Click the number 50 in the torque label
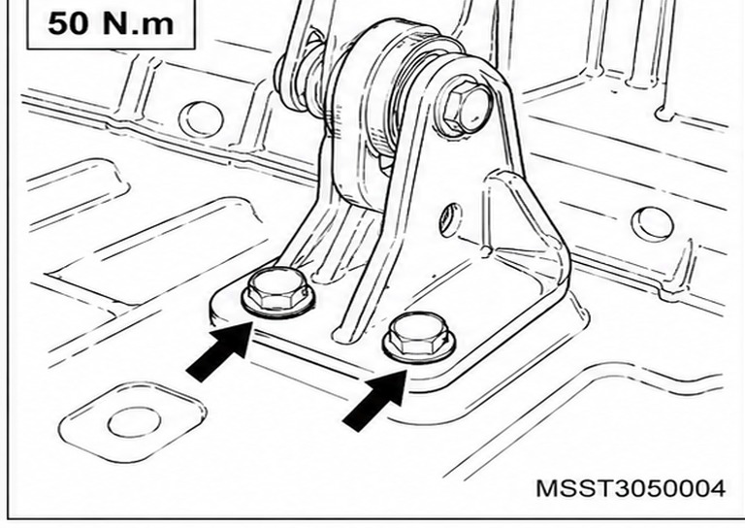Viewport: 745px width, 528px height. tap(70, 23)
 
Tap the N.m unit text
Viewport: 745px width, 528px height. tap(139, 23)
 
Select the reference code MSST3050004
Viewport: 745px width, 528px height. tap(631, 488)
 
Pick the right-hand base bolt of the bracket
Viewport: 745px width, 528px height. tap(419, 337)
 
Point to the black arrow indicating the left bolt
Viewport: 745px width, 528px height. tap(219, 350)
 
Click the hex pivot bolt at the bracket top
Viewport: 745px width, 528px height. tap(465, 108)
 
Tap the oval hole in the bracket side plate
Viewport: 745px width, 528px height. tap(450, 219)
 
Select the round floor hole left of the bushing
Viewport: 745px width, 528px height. tap(201, 118)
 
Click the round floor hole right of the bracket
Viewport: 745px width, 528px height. tap(652, 224)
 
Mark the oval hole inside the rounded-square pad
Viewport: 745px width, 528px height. tap(134, 422)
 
